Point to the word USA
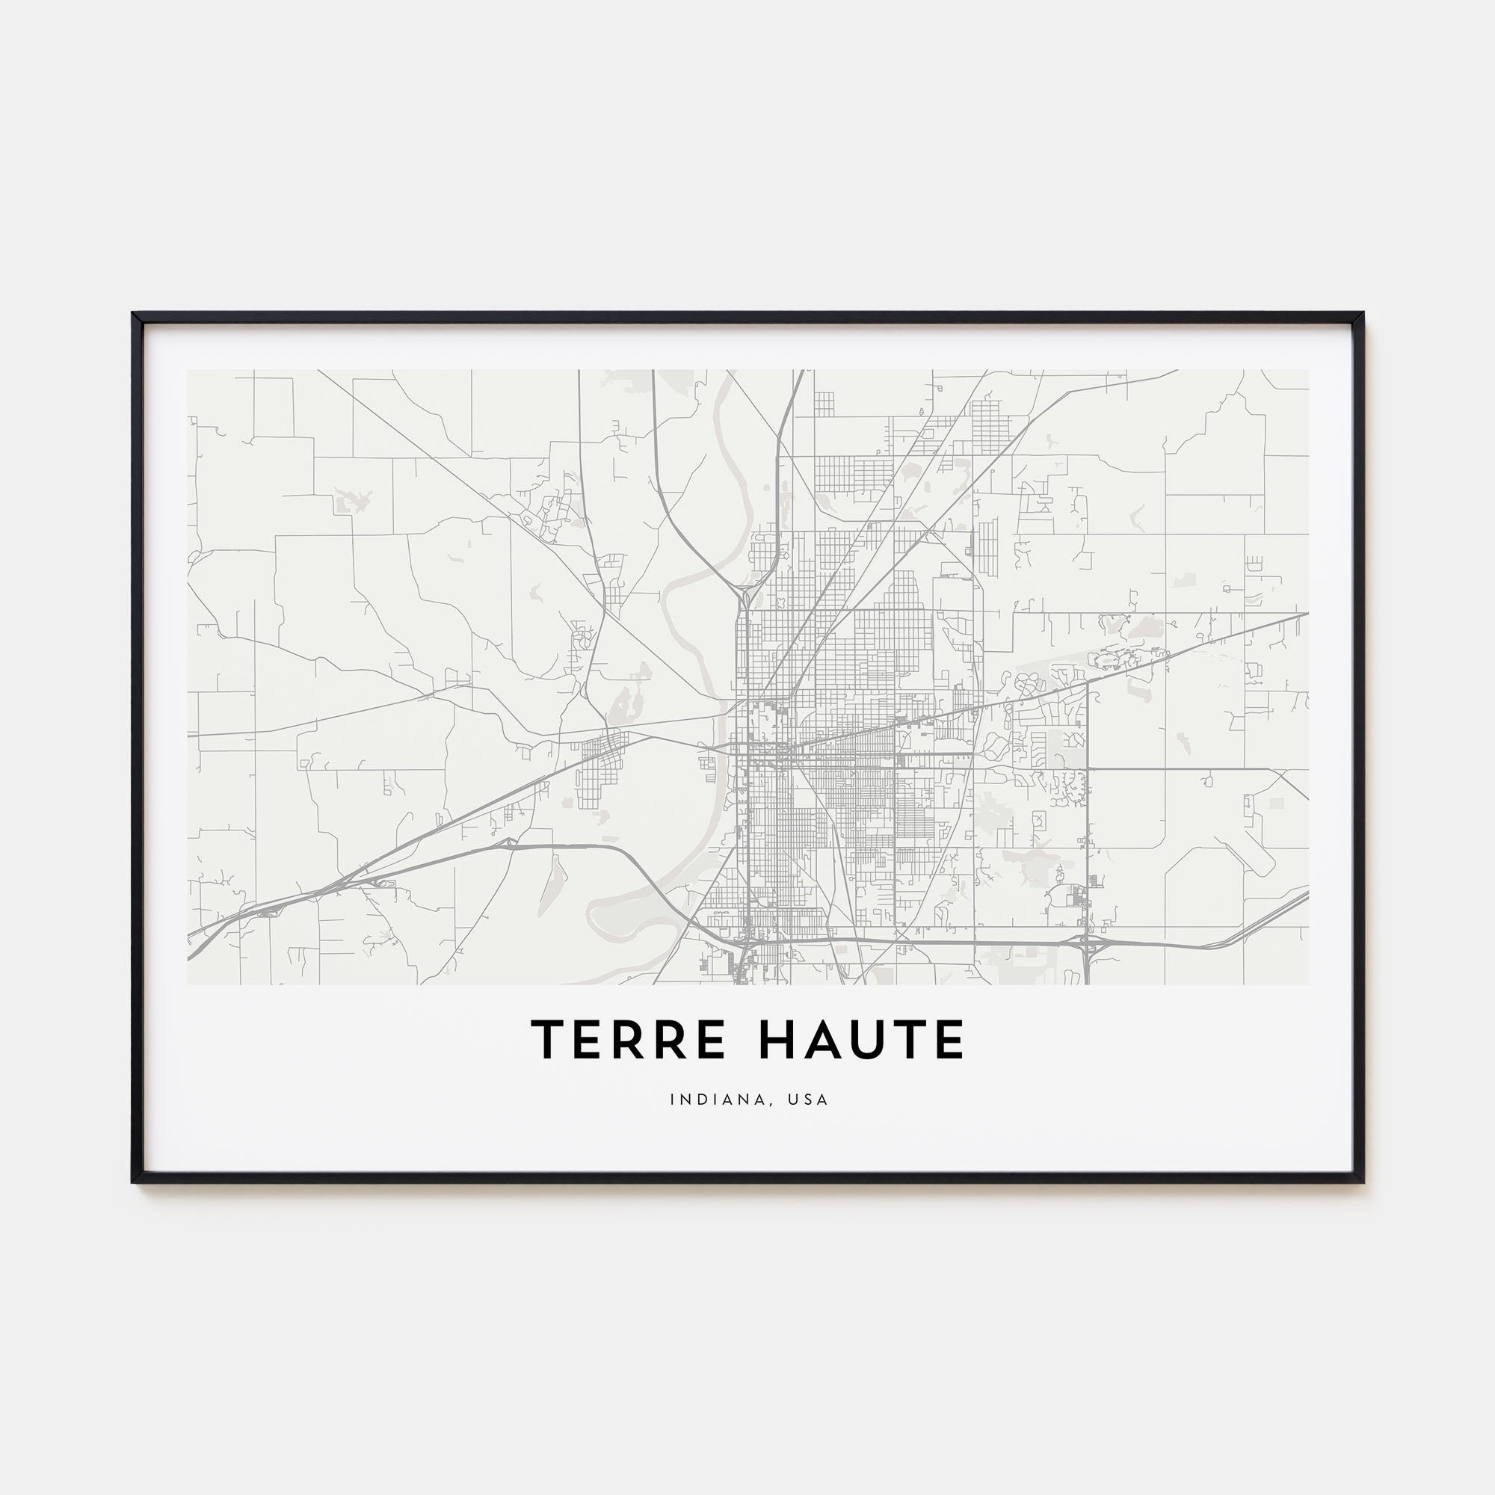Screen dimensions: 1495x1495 click(x=810, y=1100)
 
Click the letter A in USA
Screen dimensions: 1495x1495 click(x=822, y=1100)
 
